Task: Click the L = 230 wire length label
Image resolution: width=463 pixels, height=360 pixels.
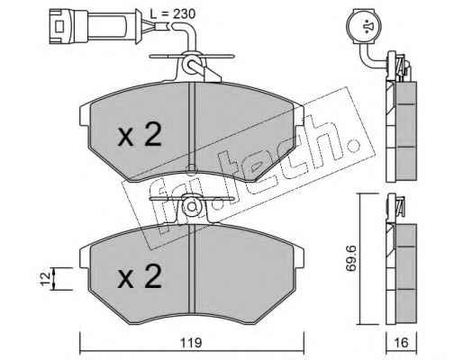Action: tap(172, 13)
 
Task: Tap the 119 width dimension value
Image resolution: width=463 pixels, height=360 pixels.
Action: tap(191, 342)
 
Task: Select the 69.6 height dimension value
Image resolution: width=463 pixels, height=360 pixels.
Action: tap(350, 258)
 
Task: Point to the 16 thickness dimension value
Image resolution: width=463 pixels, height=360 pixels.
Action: tap(401, 342)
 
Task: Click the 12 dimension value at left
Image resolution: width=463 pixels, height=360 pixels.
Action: tap(46, 279)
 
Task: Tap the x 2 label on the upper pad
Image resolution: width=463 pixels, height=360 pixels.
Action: tap(140, 135)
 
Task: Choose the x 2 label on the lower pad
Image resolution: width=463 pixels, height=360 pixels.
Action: tap(140, 276)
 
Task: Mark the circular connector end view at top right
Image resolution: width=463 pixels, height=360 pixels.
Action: tap(364, 26)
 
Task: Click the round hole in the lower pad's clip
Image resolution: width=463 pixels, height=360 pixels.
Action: tap(191, 207)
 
